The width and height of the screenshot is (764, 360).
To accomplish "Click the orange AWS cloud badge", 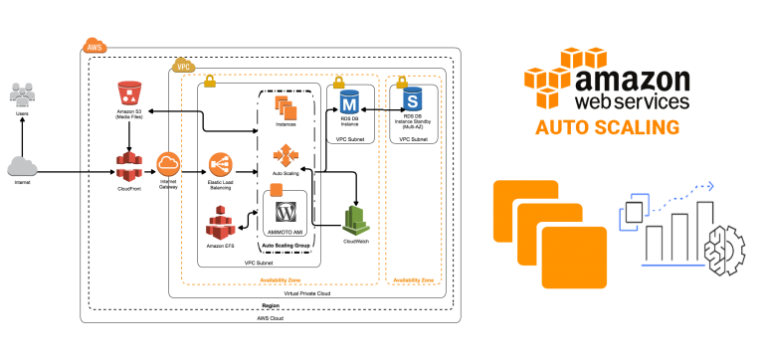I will [95, 45].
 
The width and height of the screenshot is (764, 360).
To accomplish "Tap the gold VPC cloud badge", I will [183, 65].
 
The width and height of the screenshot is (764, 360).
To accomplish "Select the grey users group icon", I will [22, 94].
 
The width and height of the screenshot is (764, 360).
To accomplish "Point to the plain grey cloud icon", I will [22, 166].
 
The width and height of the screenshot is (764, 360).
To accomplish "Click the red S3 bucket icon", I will [129, 93].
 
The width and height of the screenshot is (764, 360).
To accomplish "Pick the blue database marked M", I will [349, 101].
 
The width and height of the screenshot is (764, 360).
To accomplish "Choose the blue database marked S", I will [413, 99].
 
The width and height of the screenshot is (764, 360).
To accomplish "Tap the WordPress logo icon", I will [286, 211].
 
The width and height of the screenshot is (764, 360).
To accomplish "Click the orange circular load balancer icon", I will [220, 164].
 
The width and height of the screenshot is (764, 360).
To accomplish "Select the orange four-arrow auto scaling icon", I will [286, 155].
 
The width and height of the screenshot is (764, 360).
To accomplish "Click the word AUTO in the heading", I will [562, 127].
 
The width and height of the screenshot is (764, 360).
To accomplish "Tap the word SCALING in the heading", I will [638, 127].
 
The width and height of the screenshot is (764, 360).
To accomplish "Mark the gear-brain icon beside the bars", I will [723, 250].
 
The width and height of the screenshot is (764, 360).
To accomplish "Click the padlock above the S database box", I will [402, 83].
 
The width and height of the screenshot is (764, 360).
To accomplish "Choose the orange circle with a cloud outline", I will [168, 164].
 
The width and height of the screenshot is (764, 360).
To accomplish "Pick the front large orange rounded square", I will [574, 257].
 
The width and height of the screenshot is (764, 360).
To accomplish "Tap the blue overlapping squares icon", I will [633, 211].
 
